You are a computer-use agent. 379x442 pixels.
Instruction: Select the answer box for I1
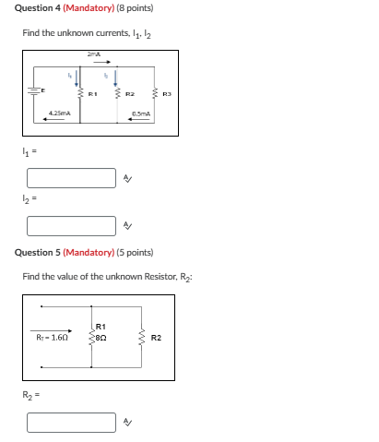point(71,177)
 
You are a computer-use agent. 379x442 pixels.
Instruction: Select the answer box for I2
point(71,225)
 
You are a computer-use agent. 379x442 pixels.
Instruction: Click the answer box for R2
point(71,422)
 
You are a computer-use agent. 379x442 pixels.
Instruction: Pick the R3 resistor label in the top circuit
point(167,93)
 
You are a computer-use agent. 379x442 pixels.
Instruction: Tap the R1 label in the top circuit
point(93,93)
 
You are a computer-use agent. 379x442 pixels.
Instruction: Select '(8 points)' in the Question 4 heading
point(134,8)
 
